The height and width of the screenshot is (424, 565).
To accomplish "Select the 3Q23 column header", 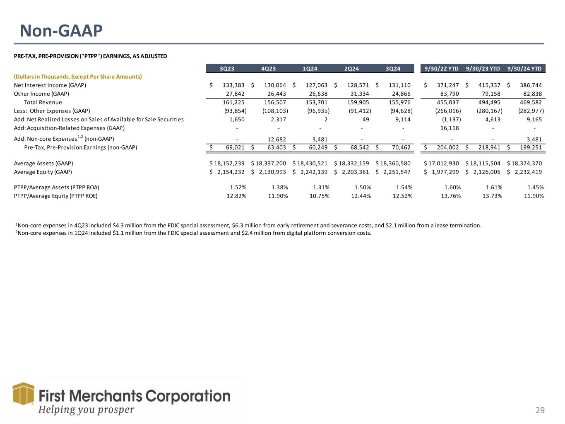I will [227, 69].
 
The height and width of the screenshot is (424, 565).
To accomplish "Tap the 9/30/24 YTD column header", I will [525, 69].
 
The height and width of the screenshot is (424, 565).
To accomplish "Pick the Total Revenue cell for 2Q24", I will [358, 102].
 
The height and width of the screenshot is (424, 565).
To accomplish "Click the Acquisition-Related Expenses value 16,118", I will [450, 128].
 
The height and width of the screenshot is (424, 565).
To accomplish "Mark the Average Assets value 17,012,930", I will [443, 164].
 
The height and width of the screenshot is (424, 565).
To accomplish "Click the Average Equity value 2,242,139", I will [313, 172].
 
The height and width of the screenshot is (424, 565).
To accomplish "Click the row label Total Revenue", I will [43, 102].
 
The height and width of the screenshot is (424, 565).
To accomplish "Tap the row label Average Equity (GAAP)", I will [43, 172].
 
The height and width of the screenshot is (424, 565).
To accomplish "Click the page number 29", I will [540, 410].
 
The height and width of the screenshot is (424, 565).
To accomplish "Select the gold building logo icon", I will [23, 393].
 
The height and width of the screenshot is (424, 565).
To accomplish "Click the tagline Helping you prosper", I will [86, 410].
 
